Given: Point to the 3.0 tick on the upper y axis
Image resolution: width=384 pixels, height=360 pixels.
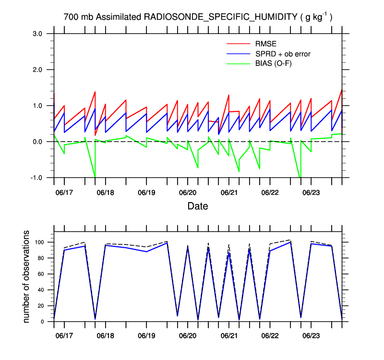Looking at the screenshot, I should (38, 34).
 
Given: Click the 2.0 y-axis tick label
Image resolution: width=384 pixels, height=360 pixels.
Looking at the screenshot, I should (38, 70).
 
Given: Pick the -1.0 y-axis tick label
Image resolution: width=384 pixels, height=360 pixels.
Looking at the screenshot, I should (37, 178).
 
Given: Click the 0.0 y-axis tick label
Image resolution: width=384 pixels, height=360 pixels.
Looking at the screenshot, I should (38, 142).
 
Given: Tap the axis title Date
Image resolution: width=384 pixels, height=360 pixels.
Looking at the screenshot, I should (198, 206).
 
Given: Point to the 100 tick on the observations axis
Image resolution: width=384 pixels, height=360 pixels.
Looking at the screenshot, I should (40, 242).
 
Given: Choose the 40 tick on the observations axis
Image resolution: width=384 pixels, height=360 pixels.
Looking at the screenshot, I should (42, 290).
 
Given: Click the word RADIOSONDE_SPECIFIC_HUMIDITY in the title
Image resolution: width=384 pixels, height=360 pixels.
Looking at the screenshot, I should (221, 17).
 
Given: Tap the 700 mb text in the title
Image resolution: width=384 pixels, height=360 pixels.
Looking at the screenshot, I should (79, 17).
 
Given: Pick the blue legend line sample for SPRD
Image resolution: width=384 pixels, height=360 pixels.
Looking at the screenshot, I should (239, 54).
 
